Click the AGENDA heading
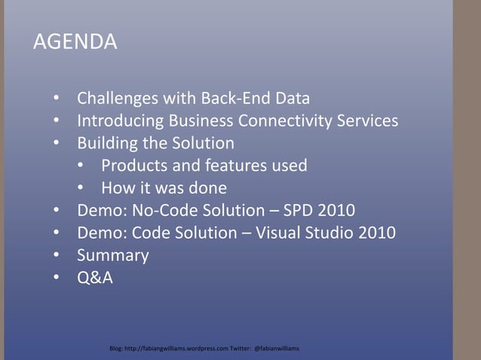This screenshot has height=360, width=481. pos(75,42)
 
